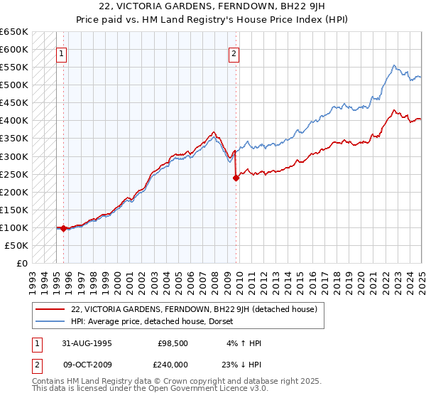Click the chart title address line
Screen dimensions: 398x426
[212, 8]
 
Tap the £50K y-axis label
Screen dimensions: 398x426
[17, 245]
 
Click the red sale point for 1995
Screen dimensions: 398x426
[64, 228]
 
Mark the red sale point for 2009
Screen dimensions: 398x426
[236, 178]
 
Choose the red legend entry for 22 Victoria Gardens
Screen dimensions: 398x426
[198, 309]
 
